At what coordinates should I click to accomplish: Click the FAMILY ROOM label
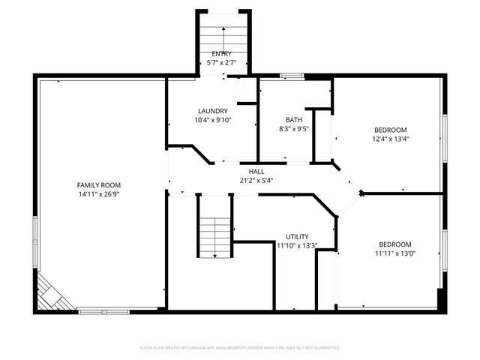(99, 185)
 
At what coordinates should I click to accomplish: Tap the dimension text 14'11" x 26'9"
(99, 194)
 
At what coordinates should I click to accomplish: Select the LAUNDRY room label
(212, 111)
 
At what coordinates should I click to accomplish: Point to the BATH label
(294, 120)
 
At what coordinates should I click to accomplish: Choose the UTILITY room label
(297, 236)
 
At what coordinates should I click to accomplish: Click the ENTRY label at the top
(222, 54)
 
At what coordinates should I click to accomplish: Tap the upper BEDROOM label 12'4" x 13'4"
(391, 130)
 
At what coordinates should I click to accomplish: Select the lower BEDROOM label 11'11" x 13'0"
(394, 244)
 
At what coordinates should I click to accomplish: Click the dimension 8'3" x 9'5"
(294, 128)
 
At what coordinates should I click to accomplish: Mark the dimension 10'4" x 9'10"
(213, 120)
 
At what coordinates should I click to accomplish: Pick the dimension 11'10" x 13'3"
(297, 245)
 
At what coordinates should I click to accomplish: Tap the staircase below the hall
(215, 226)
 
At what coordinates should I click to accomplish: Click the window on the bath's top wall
(292, 75)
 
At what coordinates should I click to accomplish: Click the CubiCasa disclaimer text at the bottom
(240, 348)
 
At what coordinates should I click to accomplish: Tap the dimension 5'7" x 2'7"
(222, 63)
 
